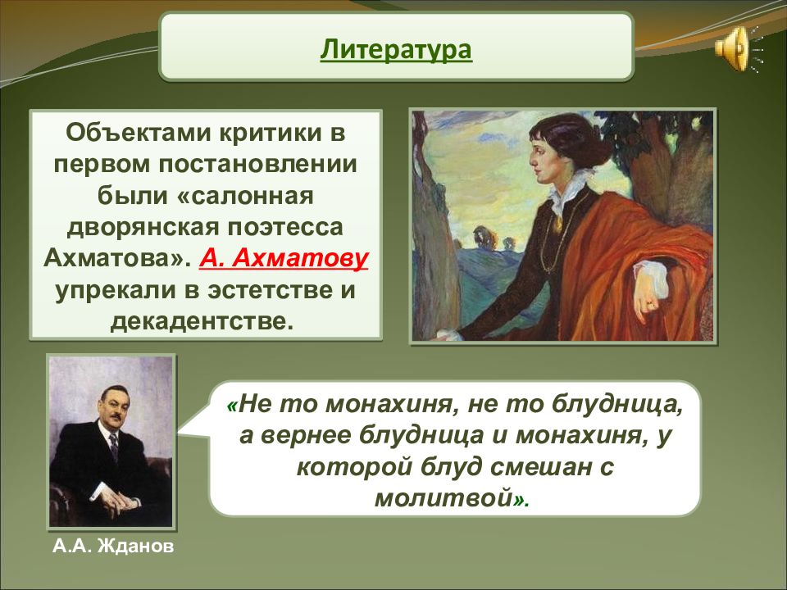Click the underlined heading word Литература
(396, 50)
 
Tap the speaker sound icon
(738, 48)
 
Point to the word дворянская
(143, 227)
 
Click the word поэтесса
(285, 227)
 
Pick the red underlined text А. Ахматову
(284, 258)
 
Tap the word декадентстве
(202, 321)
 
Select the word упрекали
(116, 291)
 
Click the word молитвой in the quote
(444, 498)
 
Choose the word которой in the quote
(354, 467)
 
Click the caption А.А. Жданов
(113, 546)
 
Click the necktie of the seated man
(115, 447)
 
